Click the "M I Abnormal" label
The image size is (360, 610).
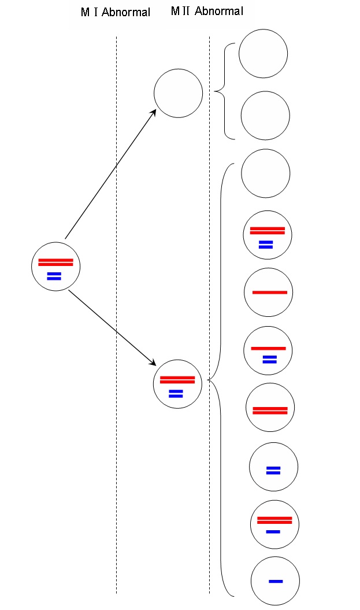pos(116,12)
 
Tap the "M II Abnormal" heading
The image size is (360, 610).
pos(207,11)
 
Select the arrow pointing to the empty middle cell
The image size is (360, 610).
pos(110,174)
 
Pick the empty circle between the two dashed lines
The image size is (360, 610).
pos(178,93)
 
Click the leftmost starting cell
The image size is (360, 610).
pos(55,267)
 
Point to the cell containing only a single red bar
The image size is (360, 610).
pos(269,292)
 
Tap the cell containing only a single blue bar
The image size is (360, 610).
pos(275,581)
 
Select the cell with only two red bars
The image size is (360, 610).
pos(270,408)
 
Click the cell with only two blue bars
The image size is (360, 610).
pos(273,467)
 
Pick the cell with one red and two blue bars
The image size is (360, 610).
pos(269,350)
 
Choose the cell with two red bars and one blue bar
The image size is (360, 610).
pos(274,524)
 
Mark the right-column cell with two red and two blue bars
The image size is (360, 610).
pos(268,234)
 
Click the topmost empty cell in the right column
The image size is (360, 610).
pos(263,53)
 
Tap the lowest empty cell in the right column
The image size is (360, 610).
pos(265,173)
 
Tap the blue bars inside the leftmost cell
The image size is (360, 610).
pos(54,276)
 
